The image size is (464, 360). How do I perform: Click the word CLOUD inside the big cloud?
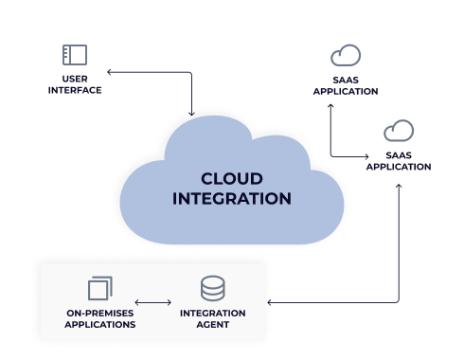pyautogui.click(x=231, y=178)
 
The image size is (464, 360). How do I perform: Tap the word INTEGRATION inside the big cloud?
pyautogui.click(x=231, y=199)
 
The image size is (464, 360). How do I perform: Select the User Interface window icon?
pyautogui.click(x=75, y=54)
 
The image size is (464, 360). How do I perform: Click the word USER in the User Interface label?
pyautogui.click(x=75, y=80)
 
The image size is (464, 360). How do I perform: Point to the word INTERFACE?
pyautogui.click(x=75, y=90)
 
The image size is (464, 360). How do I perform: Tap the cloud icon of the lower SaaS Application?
pyautogui.click(x=398, y=130)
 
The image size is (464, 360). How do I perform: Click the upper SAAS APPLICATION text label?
pyautogui.click(x=345, y=86)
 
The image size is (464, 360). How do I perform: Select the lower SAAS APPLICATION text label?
pyautogui.click(x=398, y=161)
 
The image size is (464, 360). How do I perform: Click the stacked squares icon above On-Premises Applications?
pyautogui.click(x=99, y=288)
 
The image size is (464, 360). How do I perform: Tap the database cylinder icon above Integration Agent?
pyautogui.click(x=212, y=288)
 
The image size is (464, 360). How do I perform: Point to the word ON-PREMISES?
pyautogui.click(x=99, y=313)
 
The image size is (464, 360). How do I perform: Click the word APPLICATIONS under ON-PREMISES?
pyautogui.click(x=99, y=324)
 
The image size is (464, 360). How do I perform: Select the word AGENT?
pyautogui.click(x=212, y=324)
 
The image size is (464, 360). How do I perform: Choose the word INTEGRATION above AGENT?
pyautogui.click(x=212, y=313)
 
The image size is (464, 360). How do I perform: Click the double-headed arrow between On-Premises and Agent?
pyautogui.click(x=154, y=303)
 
